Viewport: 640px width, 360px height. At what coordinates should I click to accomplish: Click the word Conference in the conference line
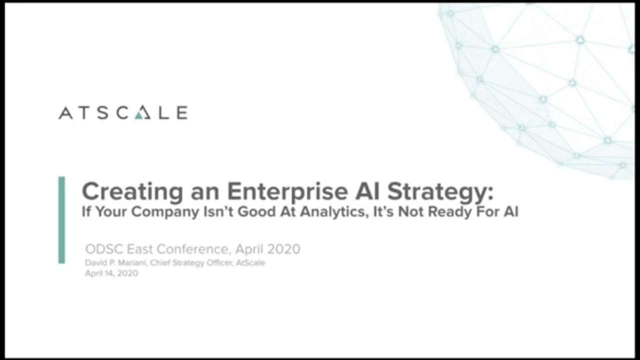click(x=192, y=249)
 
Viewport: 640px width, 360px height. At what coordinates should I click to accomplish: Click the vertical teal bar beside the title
click(x=61, y=219)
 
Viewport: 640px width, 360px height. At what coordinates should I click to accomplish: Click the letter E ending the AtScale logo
click(x=181, y=113)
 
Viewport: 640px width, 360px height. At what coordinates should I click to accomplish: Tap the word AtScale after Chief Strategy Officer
click(x=250, y=263)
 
